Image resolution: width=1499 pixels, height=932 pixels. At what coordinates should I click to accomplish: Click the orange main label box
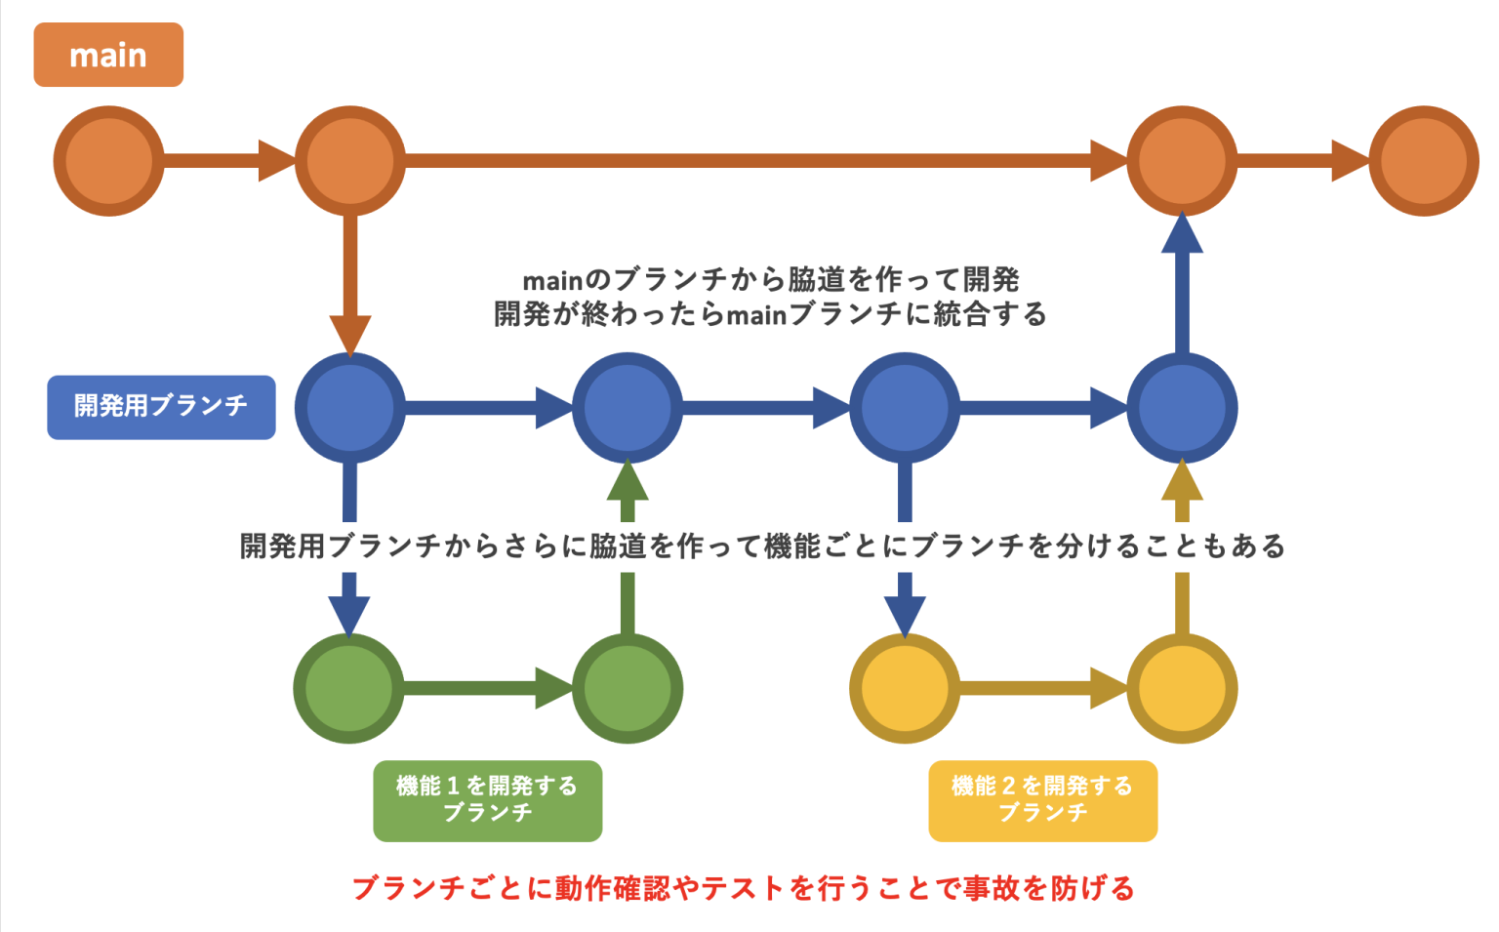pos(108,55)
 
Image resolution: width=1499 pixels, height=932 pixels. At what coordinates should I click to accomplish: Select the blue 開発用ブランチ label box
pos(161,407)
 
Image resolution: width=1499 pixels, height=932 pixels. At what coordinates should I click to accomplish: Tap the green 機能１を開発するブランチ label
pos(487,800)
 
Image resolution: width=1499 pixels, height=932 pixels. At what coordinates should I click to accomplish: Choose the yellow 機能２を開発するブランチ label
pos(1042,800)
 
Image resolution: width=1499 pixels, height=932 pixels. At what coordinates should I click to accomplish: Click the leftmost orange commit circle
pos(108,161)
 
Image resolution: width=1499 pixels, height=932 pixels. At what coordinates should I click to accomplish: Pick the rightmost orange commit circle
pos(1423,161)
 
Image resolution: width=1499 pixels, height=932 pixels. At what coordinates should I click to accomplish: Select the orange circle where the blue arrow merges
pos(1182,161)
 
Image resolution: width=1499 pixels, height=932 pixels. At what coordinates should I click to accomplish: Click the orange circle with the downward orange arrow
pos(349,161)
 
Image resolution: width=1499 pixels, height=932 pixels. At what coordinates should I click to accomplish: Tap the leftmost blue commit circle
pos(349,407)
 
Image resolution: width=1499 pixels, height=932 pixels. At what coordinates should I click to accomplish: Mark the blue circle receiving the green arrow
pos(627,407)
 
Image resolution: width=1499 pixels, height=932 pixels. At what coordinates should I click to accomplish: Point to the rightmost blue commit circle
pos(1182,407)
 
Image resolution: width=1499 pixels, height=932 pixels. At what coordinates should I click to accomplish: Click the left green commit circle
pos(348,688)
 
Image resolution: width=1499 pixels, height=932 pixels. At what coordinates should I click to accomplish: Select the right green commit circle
pos(627,688)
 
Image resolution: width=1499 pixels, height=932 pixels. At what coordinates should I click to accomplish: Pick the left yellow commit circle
pos(905,688)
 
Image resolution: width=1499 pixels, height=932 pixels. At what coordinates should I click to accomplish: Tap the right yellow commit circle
pos(1182,688)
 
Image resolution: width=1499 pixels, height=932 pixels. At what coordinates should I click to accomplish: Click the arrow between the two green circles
pos(488,688)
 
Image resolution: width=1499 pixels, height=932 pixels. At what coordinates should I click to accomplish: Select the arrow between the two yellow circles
pos(1042,688)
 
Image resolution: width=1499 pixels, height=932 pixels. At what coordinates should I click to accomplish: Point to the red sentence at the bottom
pos(744,888)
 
